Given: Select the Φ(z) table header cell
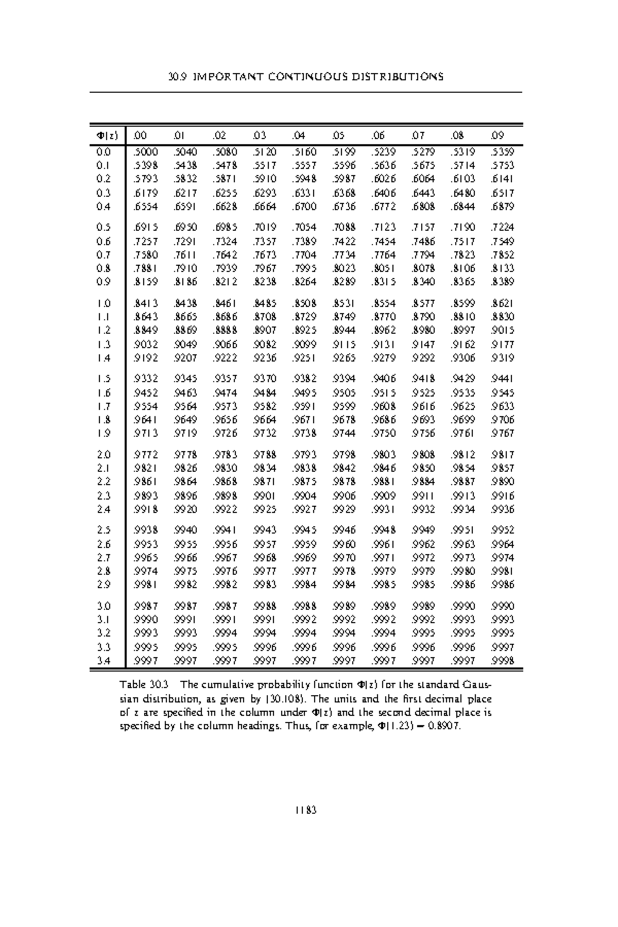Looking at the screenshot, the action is [107, 136].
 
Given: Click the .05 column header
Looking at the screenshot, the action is [340, 136].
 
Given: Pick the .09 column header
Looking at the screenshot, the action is [498, 136].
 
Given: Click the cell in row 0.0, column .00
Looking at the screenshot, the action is [146, 152].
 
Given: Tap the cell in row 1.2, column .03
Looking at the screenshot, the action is [265, 331].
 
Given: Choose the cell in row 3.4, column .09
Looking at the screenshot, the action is [502, 661].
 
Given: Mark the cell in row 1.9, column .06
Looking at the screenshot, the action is [383, 433].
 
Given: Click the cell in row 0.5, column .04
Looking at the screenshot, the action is [304, 227].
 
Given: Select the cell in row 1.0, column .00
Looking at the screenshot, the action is [146, 303].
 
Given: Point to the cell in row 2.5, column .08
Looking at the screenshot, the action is [462, 530].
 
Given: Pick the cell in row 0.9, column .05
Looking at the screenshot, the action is [344, 282].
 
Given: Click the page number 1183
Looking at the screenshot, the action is [305, 810].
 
